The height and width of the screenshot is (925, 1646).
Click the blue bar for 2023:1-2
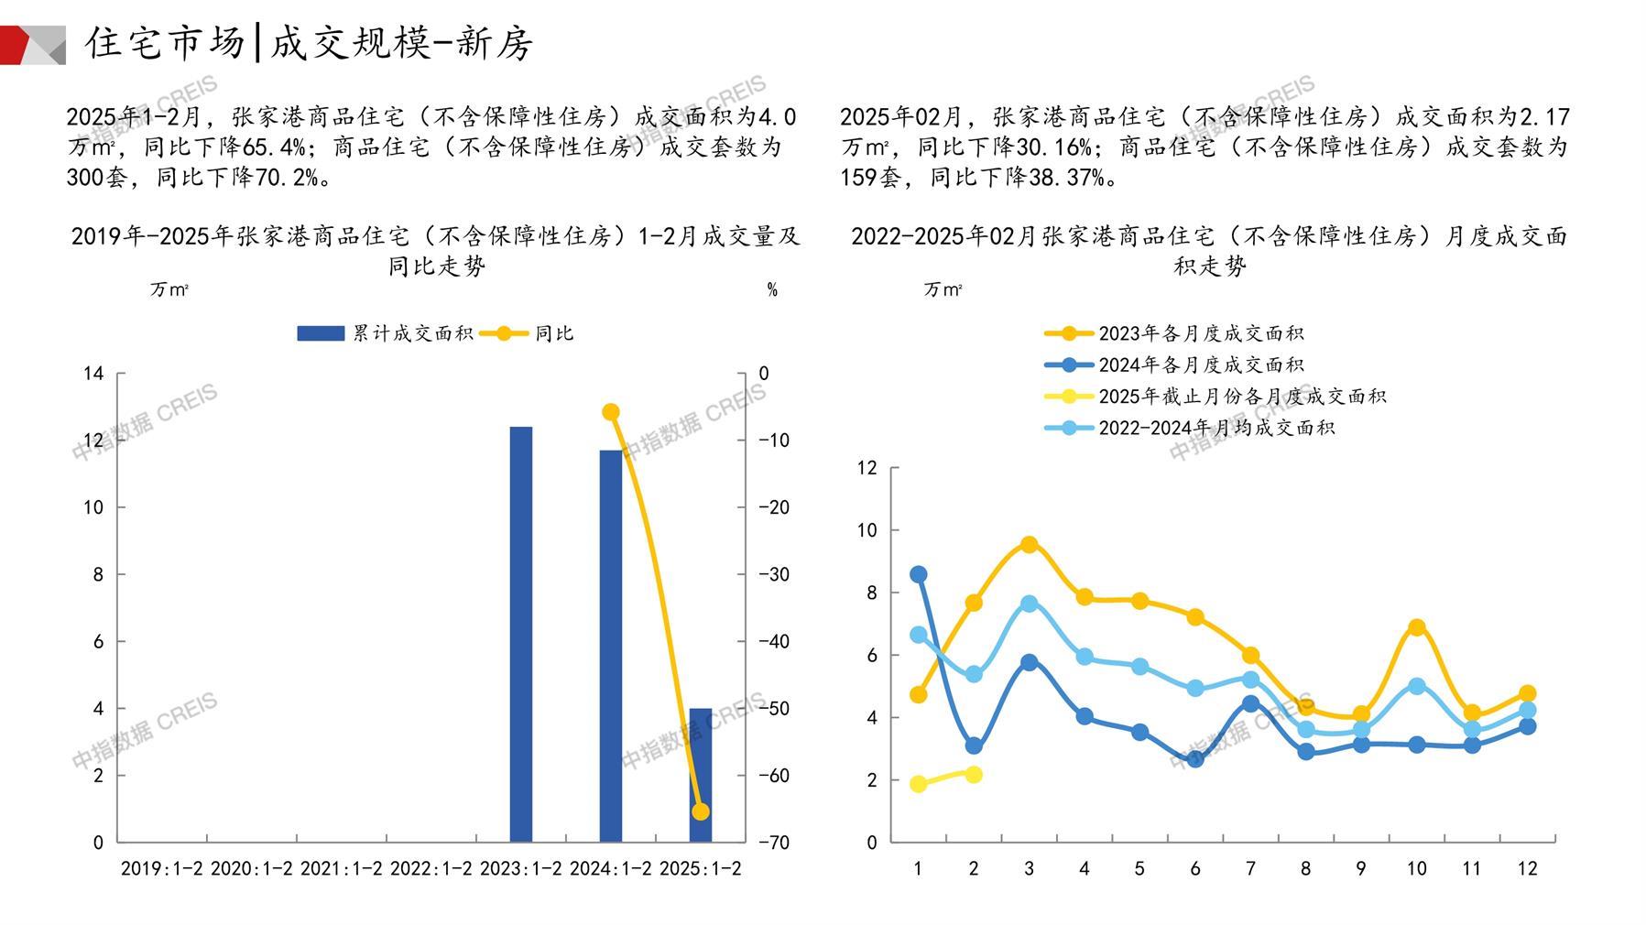pos(520,634)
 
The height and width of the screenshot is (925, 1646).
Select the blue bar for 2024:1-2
pos(610,646)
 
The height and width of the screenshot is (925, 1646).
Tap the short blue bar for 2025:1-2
pos(700,775)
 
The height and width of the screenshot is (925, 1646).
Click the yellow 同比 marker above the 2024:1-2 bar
pos(611,412)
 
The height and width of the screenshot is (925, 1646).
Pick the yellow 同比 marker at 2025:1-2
pos(701,811)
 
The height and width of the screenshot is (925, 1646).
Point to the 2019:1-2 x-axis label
pos(162,868)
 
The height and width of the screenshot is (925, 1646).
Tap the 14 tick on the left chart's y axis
pos(93,374)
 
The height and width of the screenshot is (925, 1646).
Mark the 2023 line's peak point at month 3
pos(1029,545)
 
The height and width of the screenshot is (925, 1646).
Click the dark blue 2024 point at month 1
pos(918,574)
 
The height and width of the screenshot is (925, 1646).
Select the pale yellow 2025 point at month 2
pos(974,775)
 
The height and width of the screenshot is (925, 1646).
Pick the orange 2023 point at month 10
pos(1416,627)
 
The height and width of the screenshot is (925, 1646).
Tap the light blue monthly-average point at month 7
pos(1250,679)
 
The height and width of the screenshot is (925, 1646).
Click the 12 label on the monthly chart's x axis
pos(1527,868)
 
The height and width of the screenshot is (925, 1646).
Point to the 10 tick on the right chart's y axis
pos(867,530)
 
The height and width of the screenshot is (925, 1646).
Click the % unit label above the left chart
pos(772,289)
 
